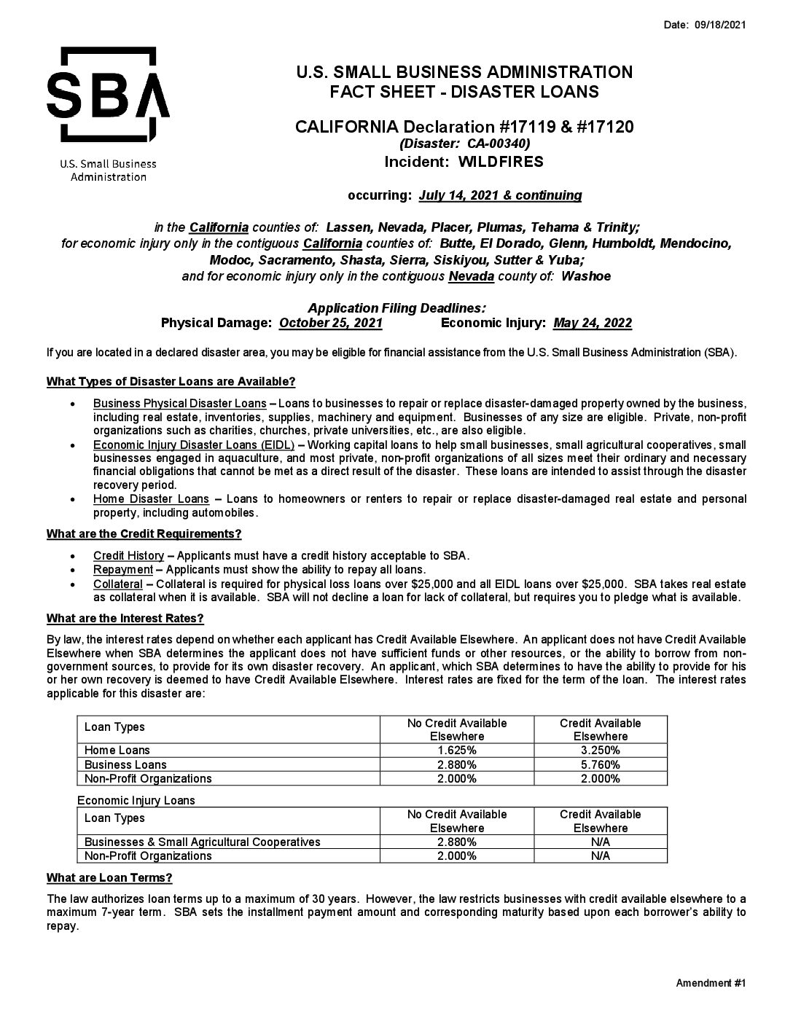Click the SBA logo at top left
pyautogui.click(x=108, y=95)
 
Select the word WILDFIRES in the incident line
pyautogui.click(x=501, y=162)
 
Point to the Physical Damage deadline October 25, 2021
pyautogui.click(x=331, y=323)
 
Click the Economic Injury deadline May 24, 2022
pyautogui.click(x=593, y=323)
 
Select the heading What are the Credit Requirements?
pyautogui.click(x=144, y=534)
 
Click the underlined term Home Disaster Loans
pyautogui.click(x=151, y=499)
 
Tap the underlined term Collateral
pyautogui.click(x=117, y=584)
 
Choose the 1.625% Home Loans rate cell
pyautogui.click(x=456, y=751)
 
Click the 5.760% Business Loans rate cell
pyautogui.click(x=600, y=765)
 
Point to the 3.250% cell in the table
pyautogui.click(x=600, y=751)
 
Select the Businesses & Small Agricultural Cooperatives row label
pyautogui.click(x=202, y=842)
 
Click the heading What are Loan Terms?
pyautogui.click(x=109, y=877)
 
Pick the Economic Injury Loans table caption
pyautogui.click(x=136, y=800)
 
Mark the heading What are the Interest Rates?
pyautogui.click(x=125, y=619)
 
